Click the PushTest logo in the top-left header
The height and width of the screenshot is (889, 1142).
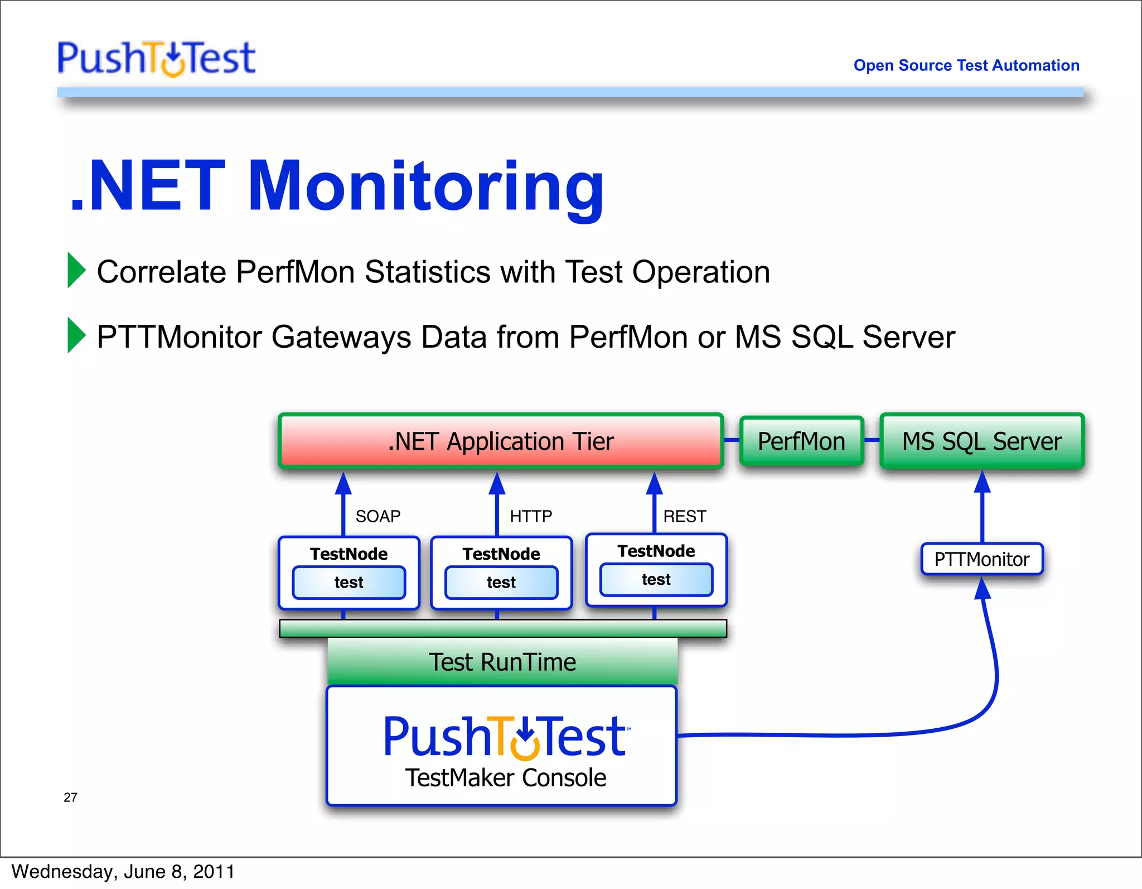click(156, 58)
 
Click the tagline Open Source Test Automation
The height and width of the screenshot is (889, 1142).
click(966, 65)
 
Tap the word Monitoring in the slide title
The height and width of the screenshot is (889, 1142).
click(426, 186)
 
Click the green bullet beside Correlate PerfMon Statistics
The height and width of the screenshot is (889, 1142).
click(76, 270)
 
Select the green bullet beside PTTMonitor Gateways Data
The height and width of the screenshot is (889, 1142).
click(76, 335)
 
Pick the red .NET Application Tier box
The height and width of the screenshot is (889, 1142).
click(501, 441)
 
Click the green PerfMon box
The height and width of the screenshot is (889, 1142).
click(801, 441)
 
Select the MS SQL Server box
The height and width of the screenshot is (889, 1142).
click(981, 441)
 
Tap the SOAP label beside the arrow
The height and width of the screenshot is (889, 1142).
click(378, 516)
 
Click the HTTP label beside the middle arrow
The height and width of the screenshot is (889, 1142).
click(531, 516)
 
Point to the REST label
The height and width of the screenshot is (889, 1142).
click(684, 516)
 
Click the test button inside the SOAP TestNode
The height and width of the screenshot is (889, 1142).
click(349, 583)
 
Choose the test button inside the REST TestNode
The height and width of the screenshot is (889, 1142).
click(656, 580)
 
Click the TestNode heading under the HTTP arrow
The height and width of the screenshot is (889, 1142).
click(501, 554)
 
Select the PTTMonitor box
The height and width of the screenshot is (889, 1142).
click(981, 559)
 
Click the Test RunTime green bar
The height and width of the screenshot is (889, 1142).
click(502, 662)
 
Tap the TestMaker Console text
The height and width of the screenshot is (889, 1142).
click(505, 777)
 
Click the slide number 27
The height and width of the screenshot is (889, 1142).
click(70, 797)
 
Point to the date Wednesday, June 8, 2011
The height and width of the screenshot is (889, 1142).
click(123, 872)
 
